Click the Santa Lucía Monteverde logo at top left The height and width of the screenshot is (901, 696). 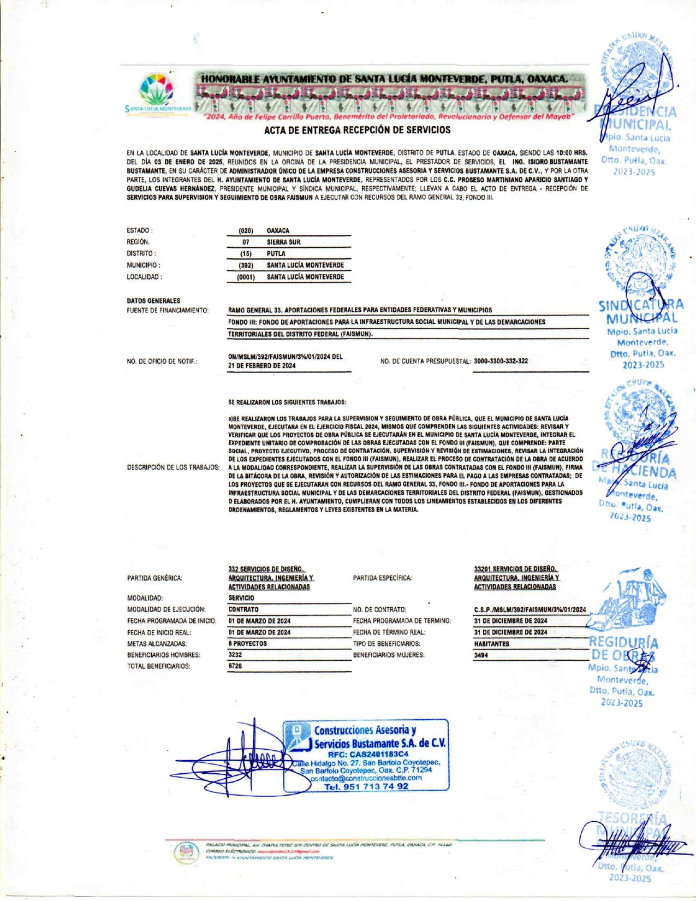(x=157, y=91)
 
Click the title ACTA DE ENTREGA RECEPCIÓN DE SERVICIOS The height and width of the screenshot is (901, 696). (x=358, y=130)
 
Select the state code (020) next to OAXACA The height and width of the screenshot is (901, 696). (x=246, y=231)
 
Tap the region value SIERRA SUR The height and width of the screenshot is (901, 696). (x=283, y=242)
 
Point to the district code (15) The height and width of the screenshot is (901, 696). (x=246, y=254)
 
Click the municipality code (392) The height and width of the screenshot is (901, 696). (x=246, y=265)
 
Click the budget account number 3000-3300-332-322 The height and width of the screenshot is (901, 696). (x=501, y=361)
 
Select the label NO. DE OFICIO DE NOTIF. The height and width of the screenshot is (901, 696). (x=162, y=361)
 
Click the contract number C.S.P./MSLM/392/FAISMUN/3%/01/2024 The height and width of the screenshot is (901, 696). (x=530, y=609)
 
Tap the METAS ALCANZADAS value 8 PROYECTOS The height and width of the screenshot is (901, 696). (x=248, y=644)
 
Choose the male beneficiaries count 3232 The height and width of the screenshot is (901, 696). (x=235, y=655)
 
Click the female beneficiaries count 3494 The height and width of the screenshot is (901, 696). (x=481, y=655)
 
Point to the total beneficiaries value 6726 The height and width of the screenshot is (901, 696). (x=235, y=666)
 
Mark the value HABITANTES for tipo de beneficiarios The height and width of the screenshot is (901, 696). (x=491, y=644)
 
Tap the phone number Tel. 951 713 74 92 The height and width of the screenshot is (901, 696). (x=366, y=787)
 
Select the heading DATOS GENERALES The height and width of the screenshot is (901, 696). (x=153, y=301)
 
